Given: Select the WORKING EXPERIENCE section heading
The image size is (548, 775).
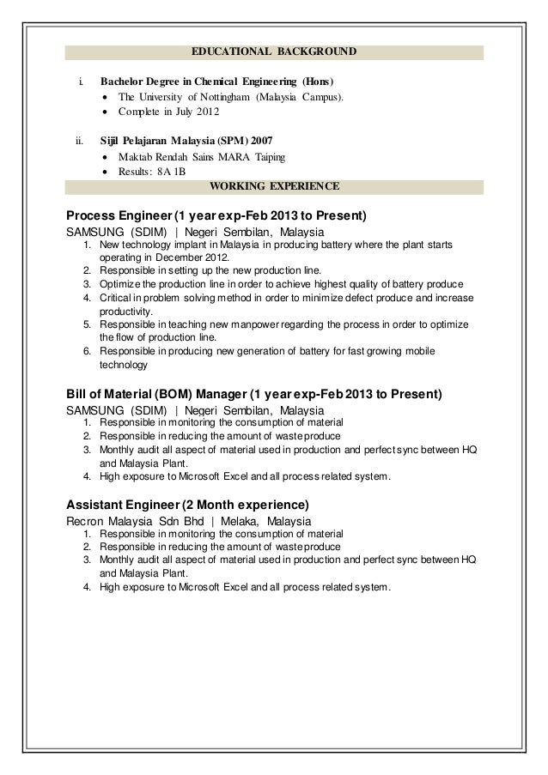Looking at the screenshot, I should pyautogui.click(x=274, y=185).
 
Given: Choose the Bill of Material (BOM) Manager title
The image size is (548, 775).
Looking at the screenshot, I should pyautogui.click(x=155, y=395).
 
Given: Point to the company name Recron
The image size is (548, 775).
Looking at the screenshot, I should pyautogui.click(x=88, y=521).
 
